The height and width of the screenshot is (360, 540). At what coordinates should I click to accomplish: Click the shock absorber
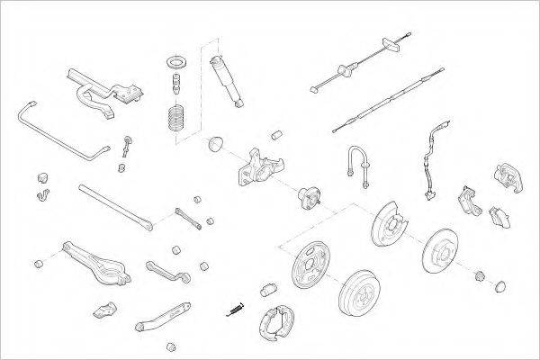[x=225, y=81]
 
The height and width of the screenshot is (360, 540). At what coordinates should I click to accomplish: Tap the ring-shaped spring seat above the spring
[x=174, y=62]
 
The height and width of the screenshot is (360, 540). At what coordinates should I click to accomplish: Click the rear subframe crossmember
[x=99, y=94]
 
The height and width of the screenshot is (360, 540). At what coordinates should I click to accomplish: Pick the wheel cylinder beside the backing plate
[x=267, y=290]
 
